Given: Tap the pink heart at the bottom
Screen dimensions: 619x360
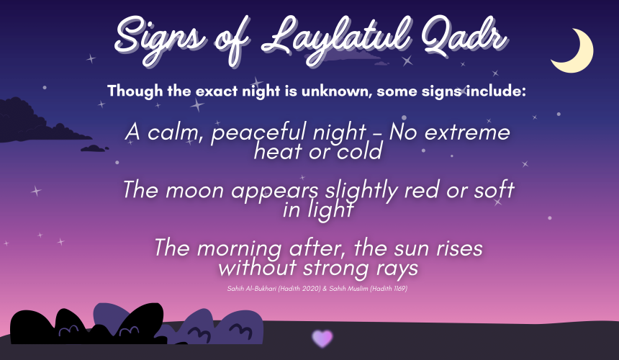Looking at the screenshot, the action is pyautogui.click(x=322, y=338).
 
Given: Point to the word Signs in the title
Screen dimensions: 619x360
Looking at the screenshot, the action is pyautogui.click(x=161, y=41).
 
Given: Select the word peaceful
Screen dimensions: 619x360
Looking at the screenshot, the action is pyautogui.click(x=259, y=133).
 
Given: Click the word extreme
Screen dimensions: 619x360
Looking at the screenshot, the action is pyautogui.click(x=467, y=132).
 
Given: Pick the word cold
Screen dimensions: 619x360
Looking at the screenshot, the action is pyautogui.click(x=360, y=151).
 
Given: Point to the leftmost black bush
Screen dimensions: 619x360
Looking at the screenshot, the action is pyautogui.click(x=32, y=327).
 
